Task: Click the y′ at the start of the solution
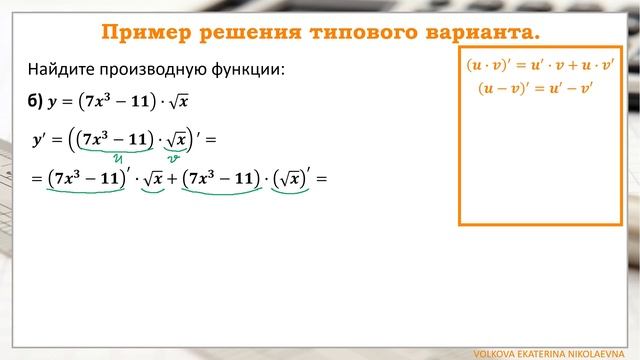(41, 139)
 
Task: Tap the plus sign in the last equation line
(169, 180)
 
